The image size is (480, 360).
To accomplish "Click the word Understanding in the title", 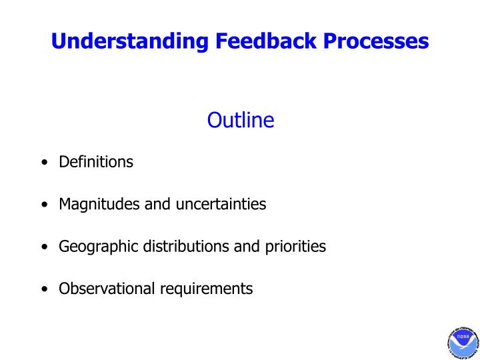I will (131, 41).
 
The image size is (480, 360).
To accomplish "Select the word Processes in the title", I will (377, 41).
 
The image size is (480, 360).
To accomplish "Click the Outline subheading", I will (241, 120).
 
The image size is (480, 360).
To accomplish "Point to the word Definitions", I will (96, 162).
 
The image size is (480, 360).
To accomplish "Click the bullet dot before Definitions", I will (44, 163).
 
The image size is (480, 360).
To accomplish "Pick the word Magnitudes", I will (100, 205).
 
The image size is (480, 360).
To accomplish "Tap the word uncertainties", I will (221, 205).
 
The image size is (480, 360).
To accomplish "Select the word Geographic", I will (97, 247).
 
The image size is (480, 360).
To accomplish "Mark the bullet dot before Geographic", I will (44, 247).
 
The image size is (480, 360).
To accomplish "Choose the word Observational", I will (107, 289).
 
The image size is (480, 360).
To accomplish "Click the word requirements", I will (206, 289).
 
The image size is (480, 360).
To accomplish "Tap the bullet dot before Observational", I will (44, 289).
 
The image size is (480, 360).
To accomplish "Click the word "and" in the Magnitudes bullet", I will (158, 205).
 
